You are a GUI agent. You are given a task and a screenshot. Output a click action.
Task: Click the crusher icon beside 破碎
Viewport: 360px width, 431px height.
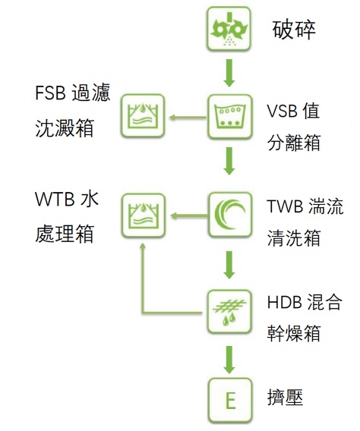229,29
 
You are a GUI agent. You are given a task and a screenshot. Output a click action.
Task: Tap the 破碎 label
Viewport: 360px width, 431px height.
294,30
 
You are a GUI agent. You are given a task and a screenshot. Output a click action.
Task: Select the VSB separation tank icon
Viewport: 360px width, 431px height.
229,117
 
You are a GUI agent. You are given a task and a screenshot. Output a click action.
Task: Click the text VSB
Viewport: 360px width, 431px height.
283,112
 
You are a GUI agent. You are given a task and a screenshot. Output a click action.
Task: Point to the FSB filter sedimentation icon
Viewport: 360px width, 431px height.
143,116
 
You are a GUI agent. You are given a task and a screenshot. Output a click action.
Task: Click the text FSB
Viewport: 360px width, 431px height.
50,93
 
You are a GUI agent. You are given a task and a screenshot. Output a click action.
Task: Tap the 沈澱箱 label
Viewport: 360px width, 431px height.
65,128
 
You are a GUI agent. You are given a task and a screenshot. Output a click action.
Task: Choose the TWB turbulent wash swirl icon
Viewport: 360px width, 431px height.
230,215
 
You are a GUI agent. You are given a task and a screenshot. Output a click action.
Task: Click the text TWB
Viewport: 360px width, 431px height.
285,206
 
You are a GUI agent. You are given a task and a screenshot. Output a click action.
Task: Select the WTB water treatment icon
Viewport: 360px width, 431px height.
144,215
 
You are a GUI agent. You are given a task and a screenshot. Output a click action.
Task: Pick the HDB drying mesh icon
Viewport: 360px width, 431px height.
229,312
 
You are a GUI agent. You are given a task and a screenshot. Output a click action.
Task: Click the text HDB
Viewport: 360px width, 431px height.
284,302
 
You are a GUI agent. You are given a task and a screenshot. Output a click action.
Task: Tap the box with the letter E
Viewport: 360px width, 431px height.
230,400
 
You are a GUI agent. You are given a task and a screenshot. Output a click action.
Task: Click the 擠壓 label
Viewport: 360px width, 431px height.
285,398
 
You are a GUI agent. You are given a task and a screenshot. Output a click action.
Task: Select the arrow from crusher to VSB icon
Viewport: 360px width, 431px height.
229,73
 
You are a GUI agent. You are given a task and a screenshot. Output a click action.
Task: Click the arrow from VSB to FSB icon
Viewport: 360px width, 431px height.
188,118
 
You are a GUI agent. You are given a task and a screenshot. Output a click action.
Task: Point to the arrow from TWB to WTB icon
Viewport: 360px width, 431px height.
188,215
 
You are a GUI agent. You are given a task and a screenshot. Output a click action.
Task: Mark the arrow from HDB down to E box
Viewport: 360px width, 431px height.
229,360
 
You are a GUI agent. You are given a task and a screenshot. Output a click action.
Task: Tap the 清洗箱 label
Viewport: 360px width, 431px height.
294,238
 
